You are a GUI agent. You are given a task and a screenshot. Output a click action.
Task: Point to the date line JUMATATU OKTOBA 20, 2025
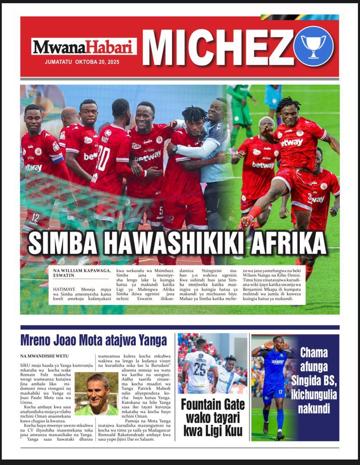82,62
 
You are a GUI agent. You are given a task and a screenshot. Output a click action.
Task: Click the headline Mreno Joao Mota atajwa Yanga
93,341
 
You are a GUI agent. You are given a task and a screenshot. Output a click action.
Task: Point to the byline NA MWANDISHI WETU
44,356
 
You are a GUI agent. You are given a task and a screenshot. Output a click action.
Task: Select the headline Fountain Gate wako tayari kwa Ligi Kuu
212,418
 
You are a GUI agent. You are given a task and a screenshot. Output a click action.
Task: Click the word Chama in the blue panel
314,353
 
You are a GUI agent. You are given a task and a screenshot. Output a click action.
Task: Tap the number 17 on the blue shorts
280,392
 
